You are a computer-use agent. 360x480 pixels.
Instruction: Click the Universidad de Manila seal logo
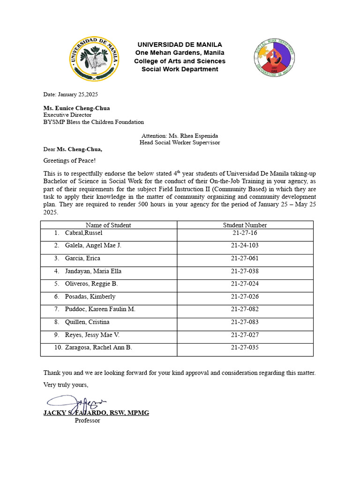pyautogui.click(x=94, y=58)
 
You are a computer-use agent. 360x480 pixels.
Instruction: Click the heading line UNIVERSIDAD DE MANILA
pyautogui.click(x=180, y=45)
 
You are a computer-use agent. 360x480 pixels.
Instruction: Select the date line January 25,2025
pyautogui.click(x=71, y=94)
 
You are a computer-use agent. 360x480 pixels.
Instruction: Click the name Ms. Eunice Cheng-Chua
pyautogui.click(x=77, y=108)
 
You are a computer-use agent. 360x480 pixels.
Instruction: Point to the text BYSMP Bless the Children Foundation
pyautogui.click(x=94, y=122)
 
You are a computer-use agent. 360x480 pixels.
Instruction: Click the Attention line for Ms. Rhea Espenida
pyautogui.click(x=180, y=135)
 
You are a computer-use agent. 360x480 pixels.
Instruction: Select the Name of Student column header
pyautogui.click(x=108, y=225)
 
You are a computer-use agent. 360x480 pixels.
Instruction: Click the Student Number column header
pyautogui.click(x=245, y=225)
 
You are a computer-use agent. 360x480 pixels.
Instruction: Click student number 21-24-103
pyautogui.click(x=245, y=246)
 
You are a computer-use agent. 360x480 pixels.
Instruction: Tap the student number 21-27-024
pyautogui.click(x=245, y=284)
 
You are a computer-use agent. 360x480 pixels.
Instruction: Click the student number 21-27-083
pyautogui.click(x=245, y=322)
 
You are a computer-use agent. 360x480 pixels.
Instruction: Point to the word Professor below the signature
pyautogui.click(x=87, y=420)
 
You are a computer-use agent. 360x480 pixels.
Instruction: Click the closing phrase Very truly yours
pyautogui.click(x=66, y=385)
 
